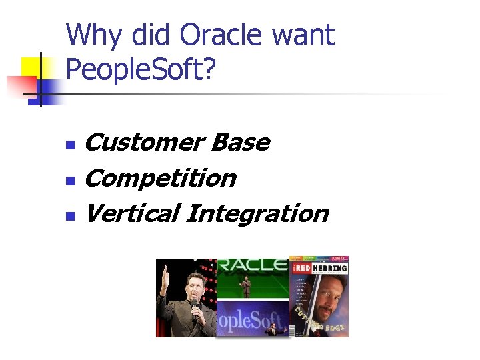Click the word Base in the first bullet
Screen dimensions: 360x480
pos(240,142)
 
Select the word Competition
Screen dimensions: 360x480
pos(161,178)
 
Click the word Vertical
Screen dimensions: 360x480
pos(131,213)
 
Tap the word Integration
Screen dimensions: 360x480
pos(258,213)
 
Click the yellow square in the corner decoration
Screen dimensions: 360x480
pos(33,68)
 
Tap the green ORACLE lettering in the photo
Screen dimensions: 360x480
pos(253,265)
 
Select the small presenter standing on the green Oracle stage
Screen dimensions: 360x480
pos(246,287)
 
